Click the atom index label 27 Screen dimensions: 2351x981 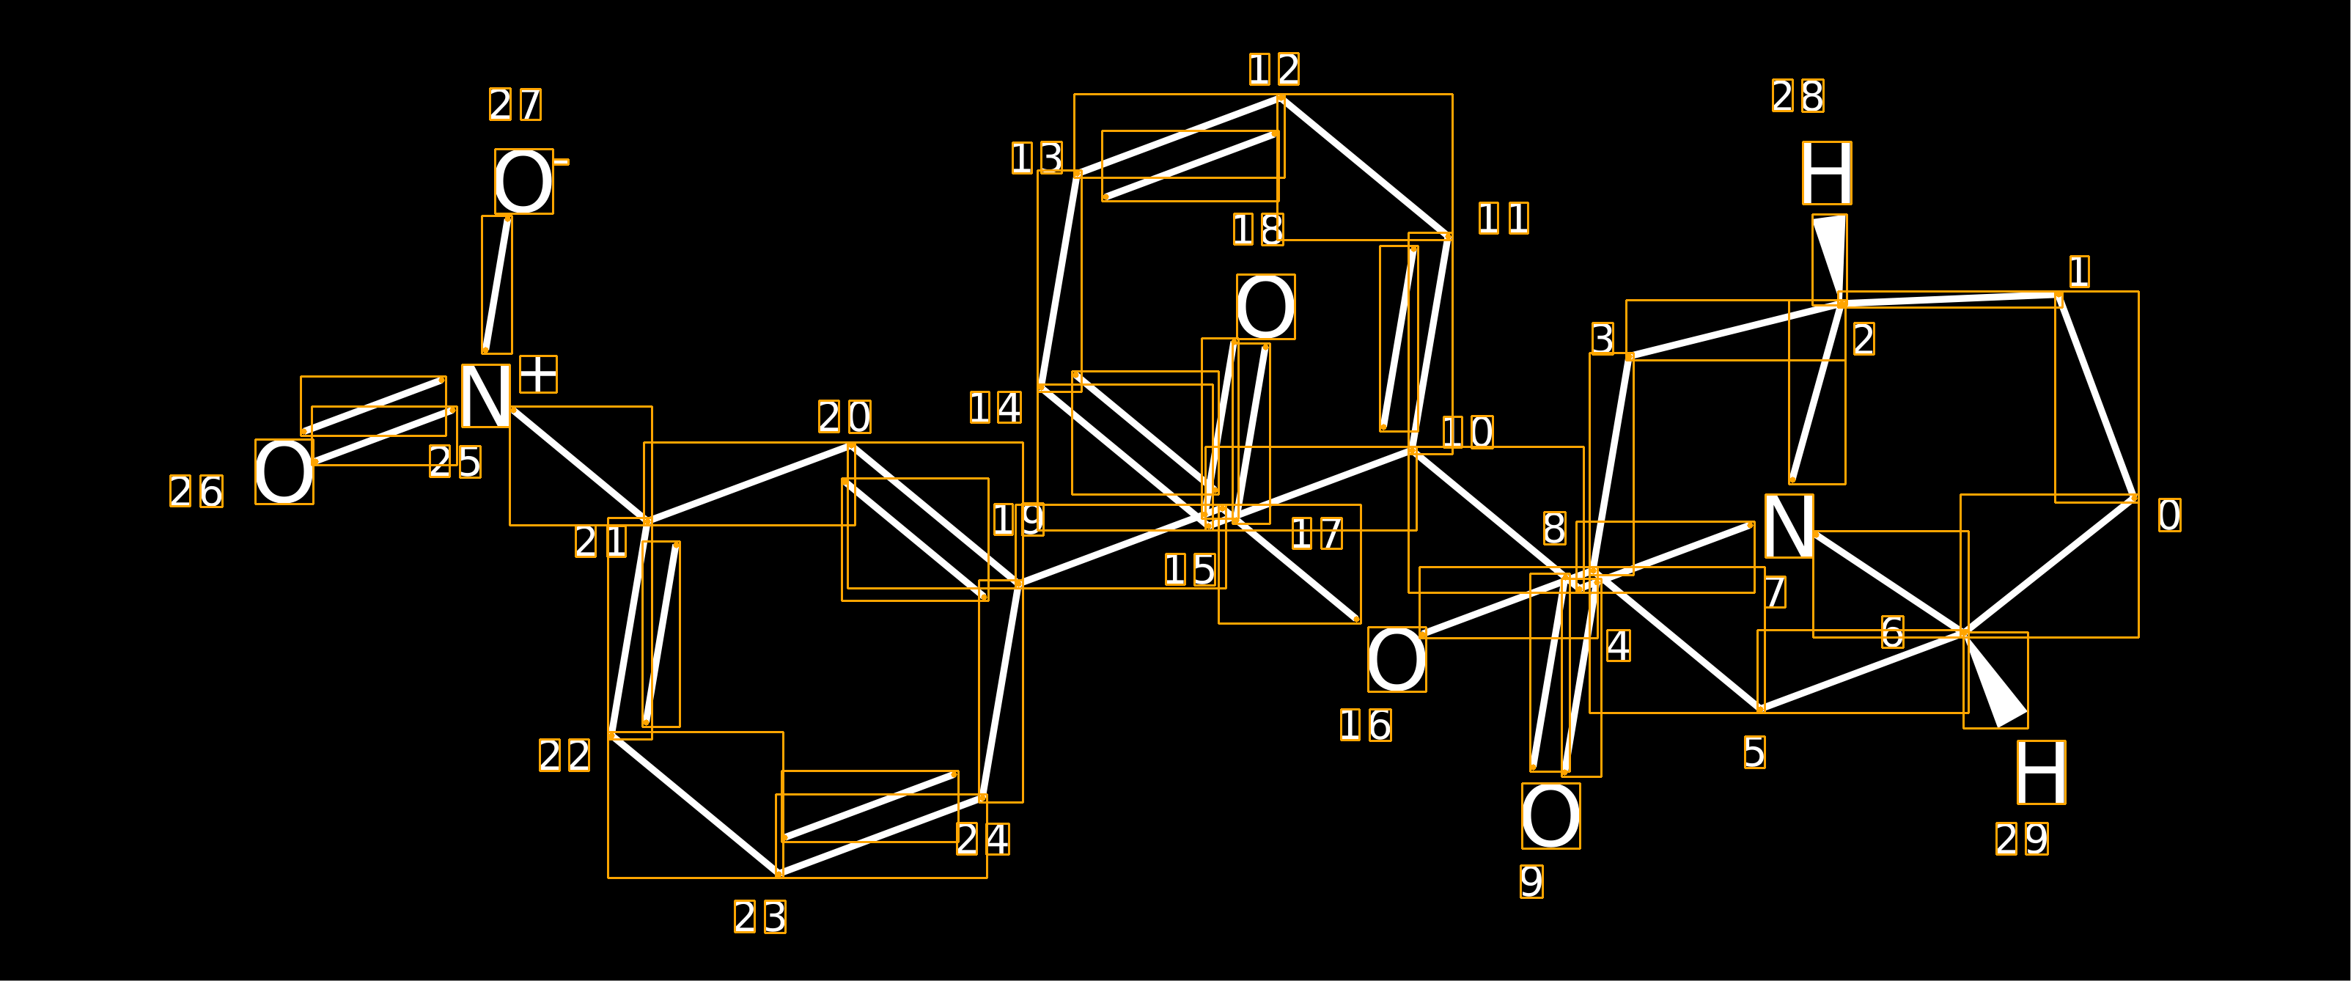(x=515, y=104)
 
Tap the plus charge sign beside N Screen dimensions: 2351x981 (x=539, y=374)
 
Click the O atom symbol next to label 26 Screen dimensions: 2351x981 (x=284, y=471)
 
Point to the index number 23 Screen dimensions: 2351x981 (x=760, y=916)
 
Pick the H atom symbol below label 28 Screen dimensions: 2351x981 (x=1827, y=172)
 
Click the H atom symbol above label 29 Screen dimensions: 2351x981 (x=2041, y=772)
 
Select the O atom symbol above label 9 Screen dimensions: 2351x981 (x=1550, y=816)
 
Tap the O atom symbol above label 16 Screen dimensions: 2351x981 (x=1397, y=659)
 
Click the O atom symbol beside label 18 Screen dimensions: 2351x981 (x=1266, y=306)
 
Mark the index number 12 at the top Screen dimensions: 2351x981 (x=1275, y=68)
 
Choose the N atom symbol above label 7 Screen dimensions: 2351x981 (x=1789, y=526)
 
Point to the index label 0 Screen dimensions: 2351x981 (x=2169, y=515)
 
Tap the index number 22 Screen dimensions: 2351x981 (x=565, y=754)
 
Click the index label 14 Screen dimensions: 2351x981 (x=996, y=407)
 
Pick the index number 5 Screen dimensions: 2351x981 (x=1754, y=752)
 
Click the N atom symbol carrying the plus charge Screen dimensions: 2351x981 (x=485, y=396)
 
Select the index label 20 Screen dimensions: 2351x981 (x=845, y=417)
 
